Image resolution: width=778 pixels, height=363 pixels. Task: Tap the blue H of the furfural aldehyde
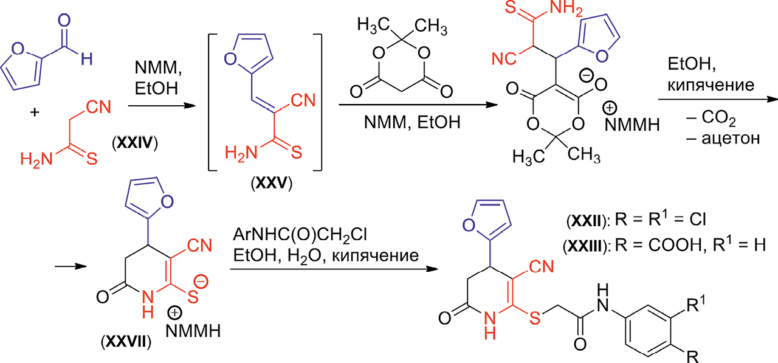(x=88, y=59)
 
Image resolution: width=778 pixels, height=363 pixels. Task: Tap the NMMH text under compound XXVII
(x=195, y=332)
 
